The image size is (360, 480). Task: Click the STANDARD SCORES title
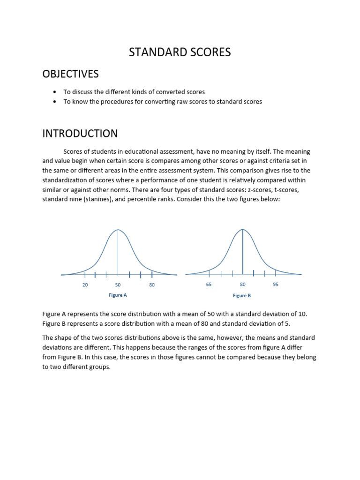(x=180, y=52)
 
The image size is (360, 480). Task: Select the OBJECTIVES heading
(x=71, y=74)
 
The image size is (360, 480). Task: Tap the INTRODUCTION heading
(x=80, y=134)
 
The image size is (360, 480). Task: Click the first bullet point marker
(x=55, y=92)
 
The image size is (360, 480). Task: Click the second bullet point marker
(x=55, y=102)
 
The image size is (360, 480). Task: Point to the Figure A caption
(x=118, y=295)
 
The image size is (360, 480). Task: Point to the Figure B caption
(x=242, y=296)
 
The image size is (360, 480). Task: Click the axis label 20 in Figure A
(x=85, y=285)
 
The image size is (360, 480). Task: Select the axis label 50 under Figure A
(x=118, y=285)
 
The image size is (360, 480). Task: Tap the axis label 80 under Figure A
(x=152, y=285)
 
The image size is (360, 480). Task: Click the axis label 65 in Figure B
(x=209, y=285)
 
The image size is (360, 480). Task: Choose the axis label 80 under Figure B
(x=242, y=285)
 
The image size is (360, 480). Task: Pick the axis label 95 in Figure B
(x=276, y=285)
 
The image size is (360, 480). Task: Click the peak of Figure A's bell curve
(x=118, y=230)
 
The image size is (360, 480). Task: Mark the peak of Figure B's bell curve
(x=242, y=229)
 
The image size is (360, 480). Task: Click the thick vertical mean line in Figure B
(x=242, y=253)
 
